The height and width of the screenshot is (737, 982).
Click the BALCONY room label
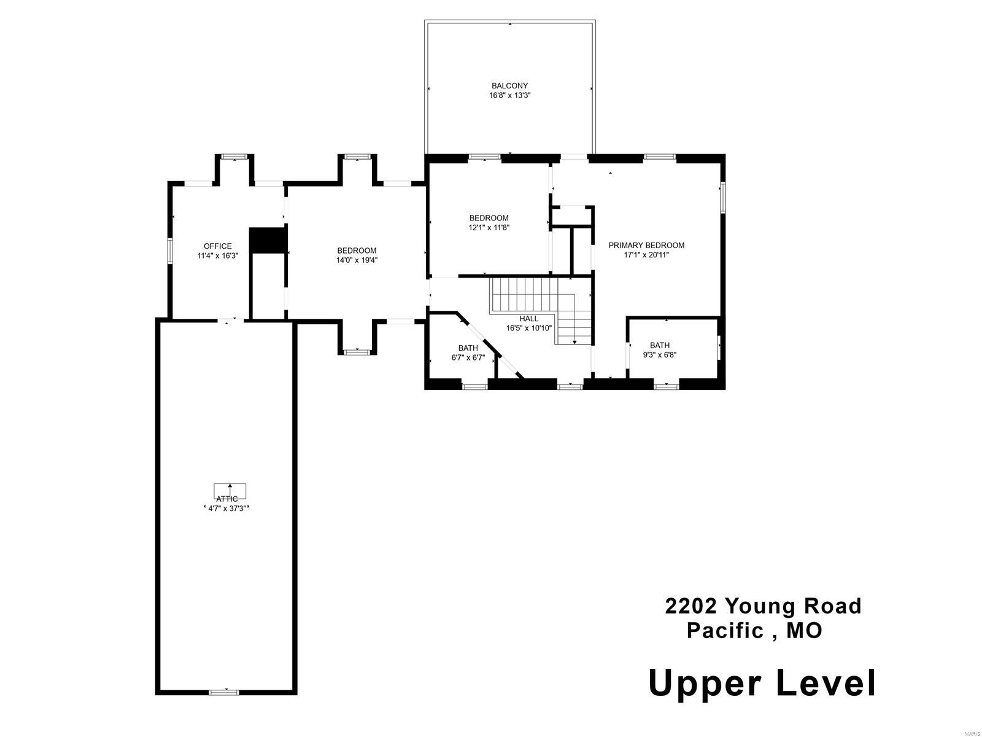509,86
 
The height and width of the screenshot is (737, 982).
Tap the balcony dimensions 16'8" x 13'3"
509,96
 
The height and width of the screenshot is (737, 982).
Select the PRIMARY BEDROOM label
646,245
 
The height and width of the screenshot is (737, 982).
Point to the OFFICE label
218,246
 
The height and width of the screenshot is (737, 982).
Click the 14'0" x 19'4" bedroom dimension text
357,260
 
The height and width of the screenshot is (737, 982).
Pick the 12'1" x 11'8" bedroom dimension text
489,227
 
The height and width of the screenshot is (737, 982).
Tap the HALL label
528,319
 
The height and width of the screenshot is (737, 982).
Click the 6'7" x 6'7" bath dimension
468,357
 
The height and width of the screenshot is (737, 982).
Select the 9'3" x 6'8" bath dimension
660,354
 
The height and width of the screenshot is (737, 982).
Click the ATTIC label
226,499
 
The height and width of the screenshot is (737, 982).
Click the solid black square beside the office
268,240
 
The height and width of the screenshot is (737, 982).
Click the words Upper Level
762,683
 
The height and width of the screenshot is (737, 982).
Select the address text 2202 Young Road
764,606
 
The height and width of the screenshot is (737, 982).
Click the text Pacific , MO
754,631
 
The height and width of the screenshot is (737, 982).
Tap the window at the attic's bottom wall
223,692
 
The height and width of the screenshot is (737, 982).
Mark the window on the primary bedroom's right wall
723,197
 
